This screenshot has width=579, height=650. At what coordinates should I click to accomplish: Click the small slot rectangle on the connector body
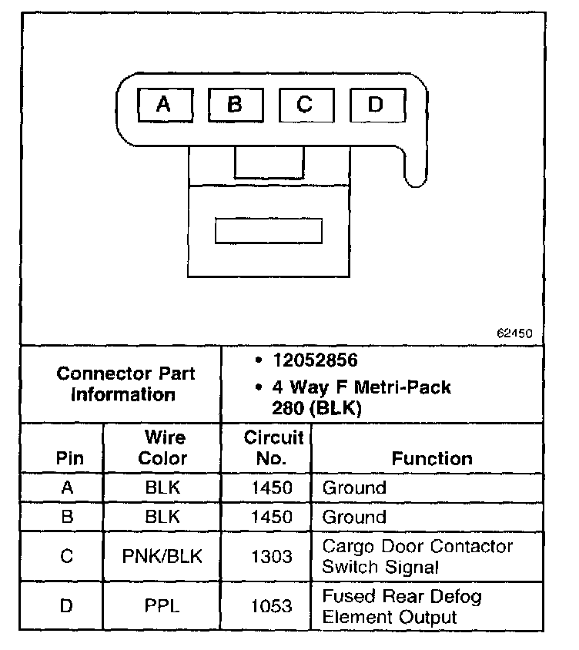coord(268,230)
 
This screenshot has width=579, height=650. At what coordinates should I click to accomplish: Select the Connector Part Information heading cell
coord(126,384)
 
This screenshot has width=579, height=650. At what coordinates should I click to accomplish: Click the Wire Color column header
coord(163,447)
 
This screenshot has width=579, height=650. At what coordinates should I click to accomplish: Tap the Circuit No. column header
coord(275,447)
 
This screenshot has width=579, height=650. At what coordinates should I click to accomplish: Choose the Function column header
coord(432,458)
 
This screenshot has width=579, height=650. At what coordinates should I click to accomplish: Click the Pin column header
coord(66,458)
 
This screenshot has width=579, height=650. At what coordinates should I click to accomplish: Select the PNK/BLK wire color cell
coord(163,556)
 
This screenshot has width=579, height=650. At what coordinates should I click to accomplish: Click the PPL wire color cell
coord(163,606)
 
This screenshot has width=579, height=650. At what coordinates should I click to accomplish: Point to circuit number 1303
coord(273,556)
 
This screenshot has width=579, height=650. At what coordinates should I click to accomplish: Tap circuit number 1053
coord(273,606)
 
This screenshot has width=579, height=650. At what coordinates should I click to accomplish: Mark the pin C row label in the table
coord(66,556)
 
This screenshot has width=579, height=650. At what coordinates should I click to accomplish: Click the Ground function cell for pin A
coord(354,487)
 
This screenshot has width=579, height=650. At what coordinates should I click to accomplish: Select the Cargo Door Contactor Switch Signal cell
coord(417,557)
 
